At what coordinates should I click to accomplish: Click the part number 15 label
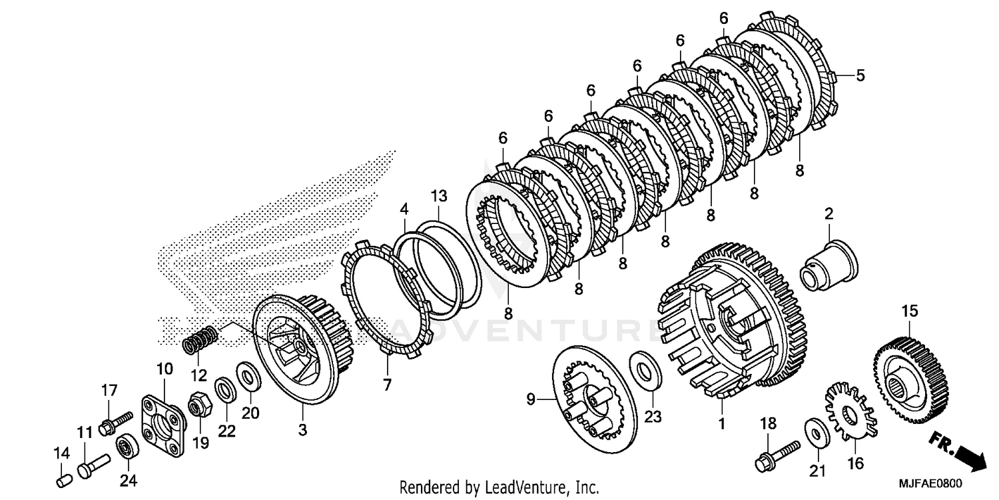(910, 311)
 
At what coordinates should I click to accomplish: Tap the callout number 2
(829, 214)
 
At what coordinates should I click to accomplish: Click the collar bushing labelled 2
(829, 267)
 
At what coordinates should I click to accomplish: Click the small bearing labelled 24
(125, 447)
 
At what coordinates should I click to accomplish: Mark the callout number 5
(860, 76)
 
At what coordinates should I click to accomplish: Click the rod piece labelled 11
(91, 465)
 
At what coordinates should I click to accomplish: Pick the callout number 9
(531, 399)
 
